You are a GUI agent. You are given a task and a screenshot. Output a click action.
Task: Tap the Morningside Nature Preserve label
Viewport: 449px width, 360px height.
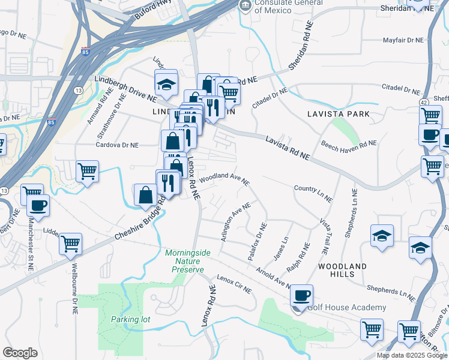188,261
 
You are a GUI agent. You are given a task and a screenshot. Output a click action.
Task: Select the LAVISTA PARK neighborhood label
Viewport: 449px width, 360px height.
337,113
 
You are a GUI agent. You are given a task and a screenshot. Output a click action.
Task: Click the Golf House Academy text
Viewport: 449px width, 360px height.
346,308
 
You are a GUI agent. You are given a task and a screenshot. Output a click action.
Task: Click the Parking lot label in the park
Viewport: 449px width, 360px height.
130,319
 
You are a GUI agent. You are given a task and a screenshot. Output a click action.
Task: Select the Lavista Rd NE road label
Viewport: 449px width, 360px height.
288,148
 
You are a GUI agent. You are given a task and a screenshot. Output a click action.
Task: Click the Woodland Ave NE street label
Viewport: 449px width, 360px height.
224,178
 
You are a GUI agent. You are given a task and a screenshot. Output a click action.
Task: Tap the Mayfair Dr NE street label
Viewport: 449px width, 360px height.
403,41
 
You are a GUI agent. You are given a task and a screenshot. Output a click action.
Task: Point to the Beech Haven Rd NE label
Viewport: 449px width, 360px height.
349,143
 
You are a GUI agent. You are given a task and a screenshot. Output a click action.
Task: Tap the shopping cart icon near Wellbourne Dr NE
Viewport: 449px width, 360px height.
71,244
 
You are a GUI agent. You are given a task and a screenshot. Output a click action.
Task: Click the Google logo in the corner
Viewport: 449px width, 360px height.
20,353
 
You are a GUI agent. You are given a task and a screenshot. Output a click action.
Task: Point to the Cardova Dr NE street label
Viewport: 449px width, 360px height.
118,145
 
